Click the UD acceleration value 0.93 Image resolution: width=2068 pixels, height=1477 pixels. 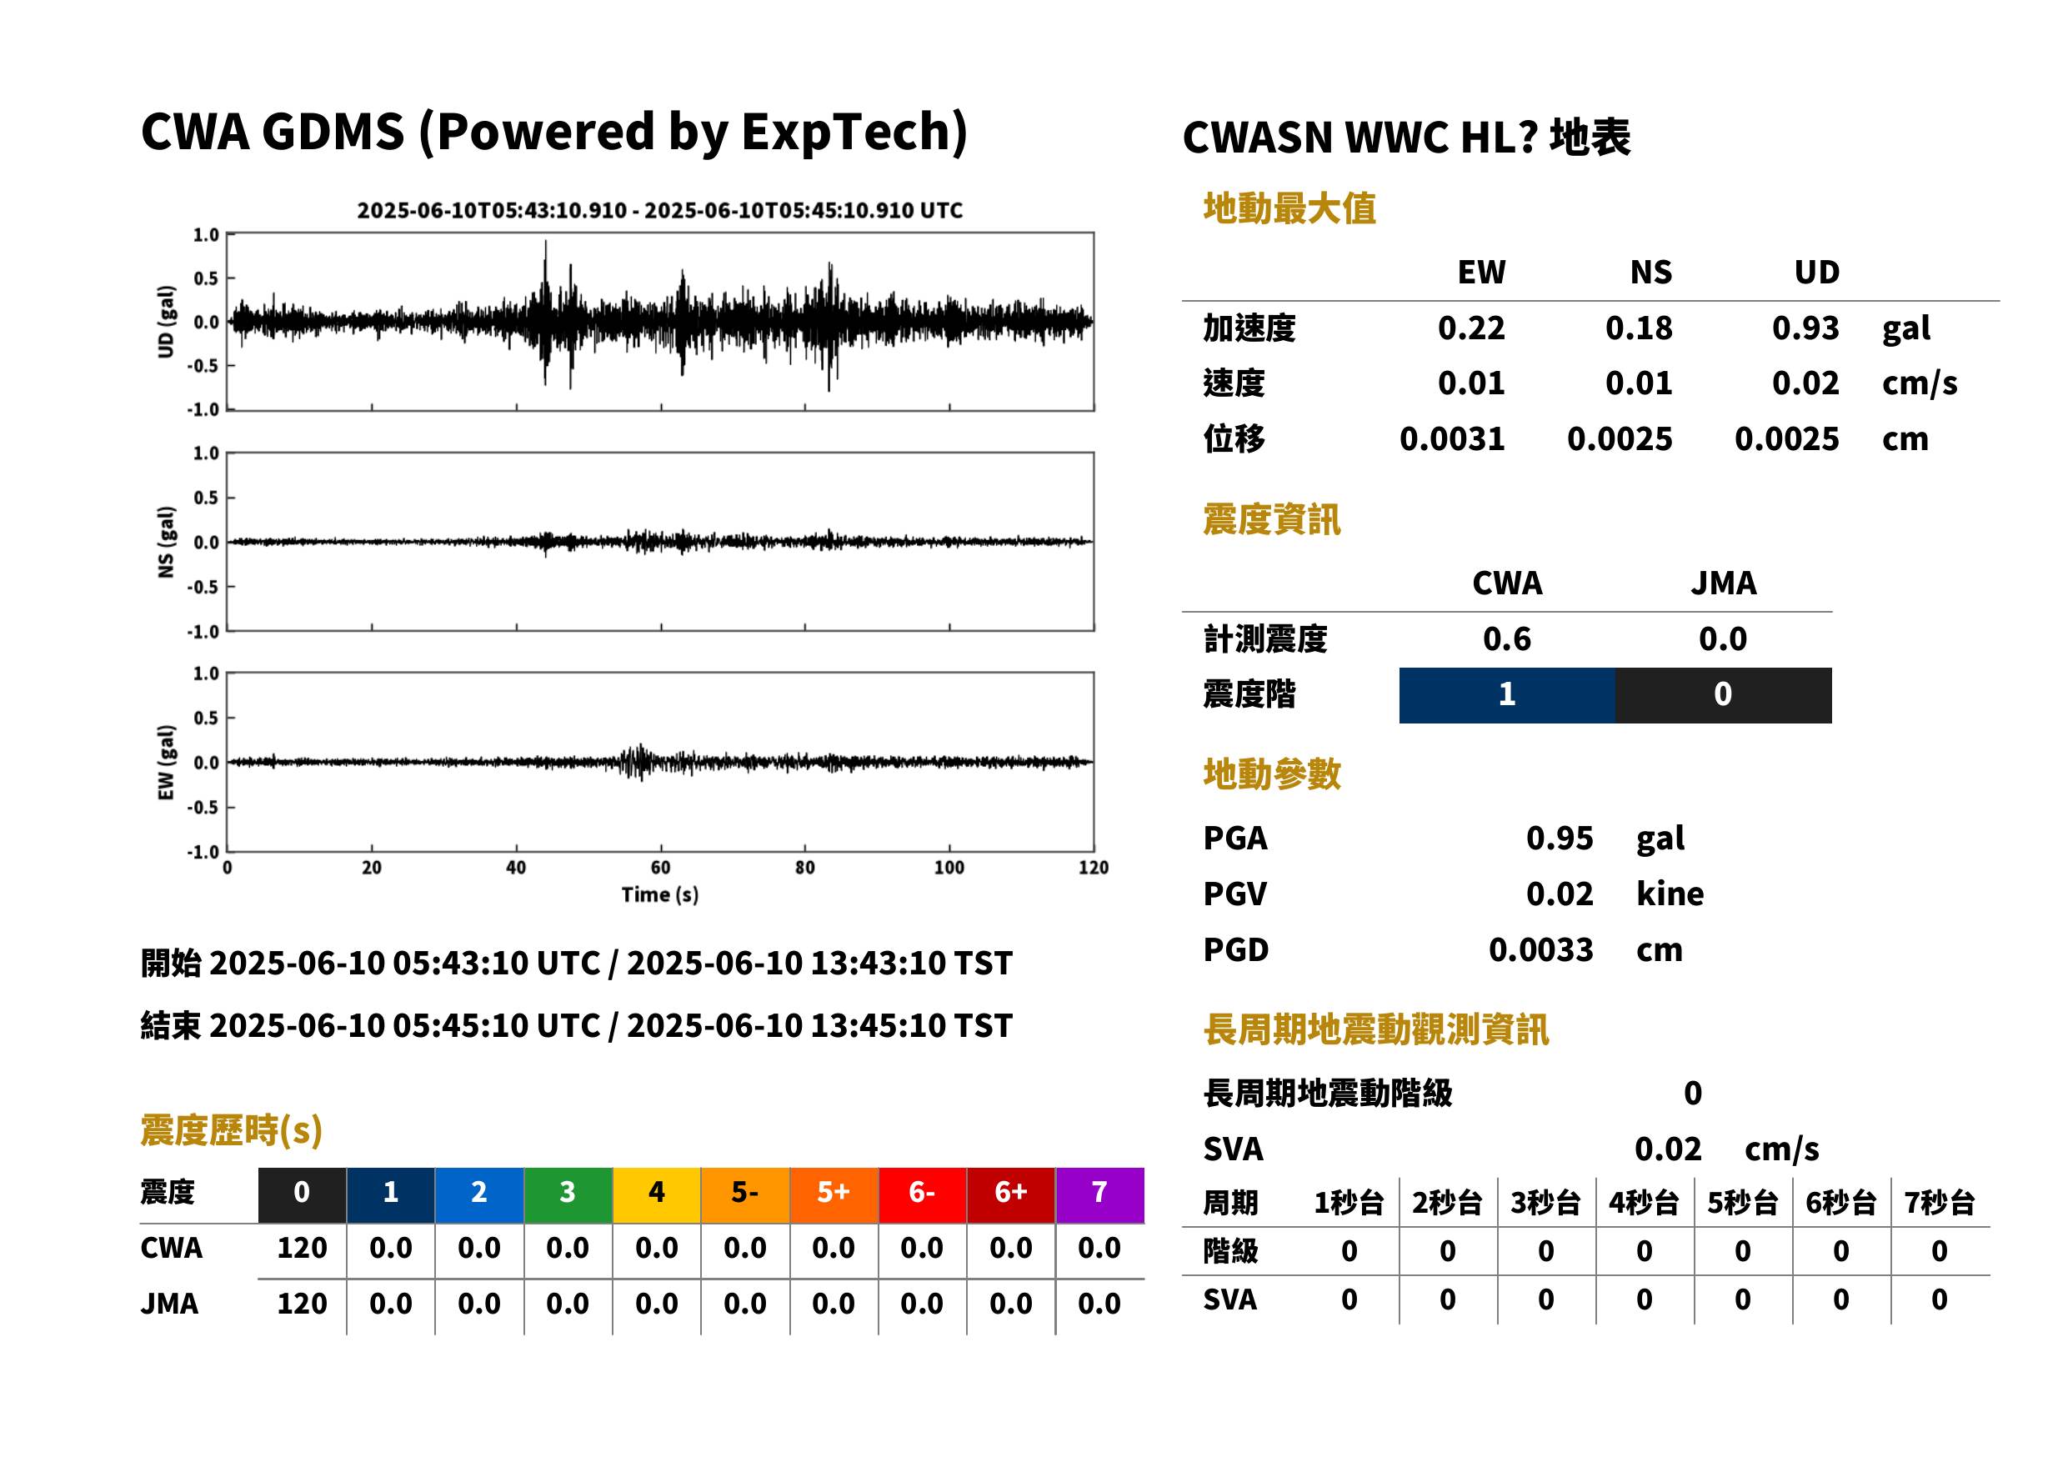pyautogui.click(x=1805, y=328)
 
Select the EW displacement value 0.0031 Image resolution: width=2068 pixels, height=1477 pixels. pyautogui.click(x=1451, y=439)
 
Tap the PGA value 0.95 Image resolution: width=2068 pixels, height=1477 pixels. pyautogui.click(x=1559, y=838)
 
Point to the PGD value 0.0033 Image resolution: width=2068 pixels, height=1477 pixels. pyautogui.click(x=1540, y=949)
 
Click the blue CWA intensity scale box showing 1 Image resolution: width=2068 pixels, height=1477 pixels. pyautogui.click(x=1507, y=695)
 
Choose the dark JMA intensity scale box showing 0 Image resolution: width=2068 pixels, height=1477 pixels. pyautogui.click(x=1724, y=695)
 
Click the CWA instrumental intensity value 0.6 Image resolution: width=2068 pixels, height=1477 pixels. pyautogui.click(x=1507, y=638)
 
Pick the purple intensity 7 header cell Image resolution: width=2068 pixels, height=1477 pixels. pyautogui.click(x=1099, y=1194)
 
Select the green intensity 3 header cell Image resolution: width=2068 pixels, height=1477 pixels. pyautogui.click(x=568, y=1194)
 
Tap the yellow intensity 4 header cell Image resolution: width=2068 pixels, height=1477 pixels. pyautogui.click(x=657, y=1194)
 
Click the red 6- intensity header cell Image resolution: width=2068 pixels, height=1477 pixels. pyautogui.click(x=922, y=1194)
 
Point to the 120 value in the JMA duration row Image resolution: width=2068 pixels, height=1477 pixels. pyautogui.click(x=302, y=1304)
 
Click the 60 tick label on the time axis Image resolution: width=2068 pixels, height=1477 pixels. pyautogui.click(x=660, y=868)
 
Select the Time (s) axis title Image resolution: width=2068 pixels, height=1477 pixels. pyautogui.click(x=660, y=895)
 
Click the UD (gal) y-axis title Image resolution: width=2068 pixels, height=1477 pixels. pyautogui.click(x=166, y=322)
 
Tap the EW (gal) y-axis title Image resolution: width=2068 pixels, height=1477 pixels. pyautogui.click(x=166, y=762)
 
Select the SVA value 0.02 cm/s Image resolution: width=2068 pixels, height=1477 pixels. pyautogui.click(x=1726, y=1149)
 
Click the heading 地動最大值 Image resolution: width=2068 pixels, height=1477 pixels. pyautogui.click(x=1289, y=208)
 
